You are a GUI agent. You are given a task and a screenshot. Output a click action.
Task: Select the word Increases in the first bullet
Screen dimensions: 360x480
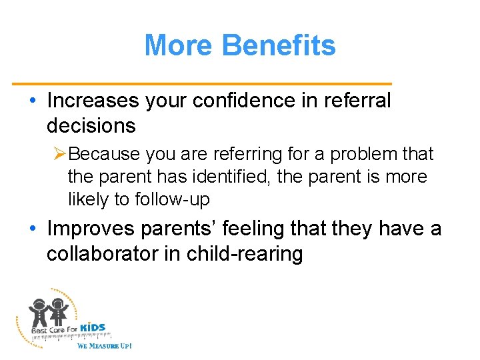pos(91,101)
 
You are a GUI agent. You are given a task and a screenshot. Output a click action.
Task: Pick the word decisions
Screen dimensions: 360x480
pos(91,125)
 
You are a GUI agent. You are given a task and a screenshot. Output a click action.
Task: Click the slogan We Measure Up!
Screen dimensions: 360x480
pos(104,345)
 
